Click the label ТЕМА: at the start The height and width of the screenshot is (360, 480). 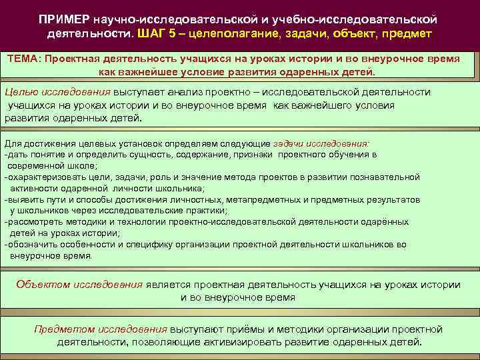pyautogui.click(x=25, y=59)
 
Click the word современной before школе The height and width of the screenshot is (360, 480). pyautogui.click(x=37, y=165)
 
